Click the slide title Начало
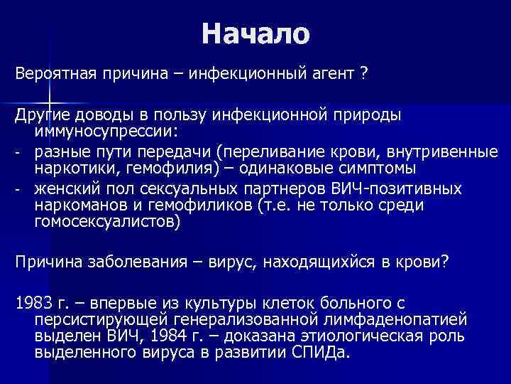tap(255, 33)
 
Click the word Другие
tap(40, 115)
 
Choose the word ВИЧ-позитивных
tap(397, 188)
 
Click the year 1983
tap(30, 302)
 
